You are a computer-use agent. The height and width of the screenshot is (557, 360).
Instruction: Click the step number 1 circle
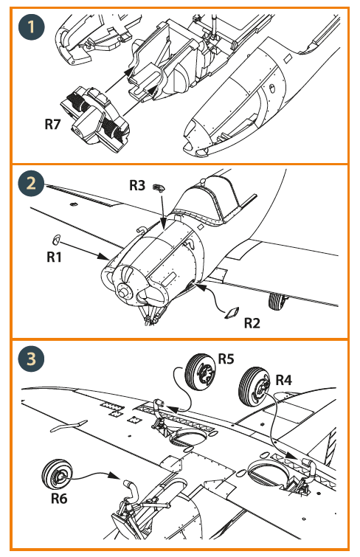(31, 27)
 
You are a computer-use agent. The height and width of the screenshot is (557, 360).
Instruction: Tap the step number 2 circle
(31, 184)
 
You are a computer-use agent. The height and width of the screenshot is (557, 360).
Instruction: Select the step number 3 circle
(31, 359)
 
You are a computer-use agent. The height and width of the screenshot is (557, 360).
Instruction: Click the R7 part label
(52, 125)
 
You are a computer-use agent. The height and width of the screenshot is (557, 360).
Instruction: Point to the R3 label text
(136, 185)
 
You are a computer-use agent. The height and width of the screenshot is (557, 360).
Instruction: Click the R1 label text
(54, 257)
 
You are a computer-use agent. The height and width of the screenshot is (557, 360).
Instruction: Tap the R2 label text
(252, 323)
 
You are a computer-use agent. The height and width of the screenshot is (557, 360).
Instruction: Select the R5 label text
(226, 359)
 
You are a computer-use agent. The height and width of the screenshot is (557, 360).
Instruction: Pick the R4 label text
(283, 380)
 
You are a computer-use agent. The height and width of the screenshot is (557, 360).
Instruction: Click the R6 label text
(59, 499)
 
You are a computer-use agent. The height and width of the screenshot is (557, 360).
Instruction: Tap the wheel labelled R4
(254, 387)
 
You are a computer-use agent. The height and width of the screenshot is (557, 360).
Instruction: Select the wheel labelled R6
(57, 475)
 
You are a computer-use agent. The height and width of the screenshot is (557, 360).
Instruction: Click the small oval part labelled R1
(56, 240)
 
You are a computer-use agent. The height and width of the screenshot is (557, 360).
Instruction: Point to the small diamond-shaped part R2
(232, 313)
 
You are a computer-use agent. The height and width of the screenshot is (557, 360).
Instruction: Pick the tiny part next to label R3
(159, 187)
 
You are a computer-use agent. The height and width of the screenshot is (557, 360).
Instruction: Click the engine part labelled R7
(95, 119)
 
